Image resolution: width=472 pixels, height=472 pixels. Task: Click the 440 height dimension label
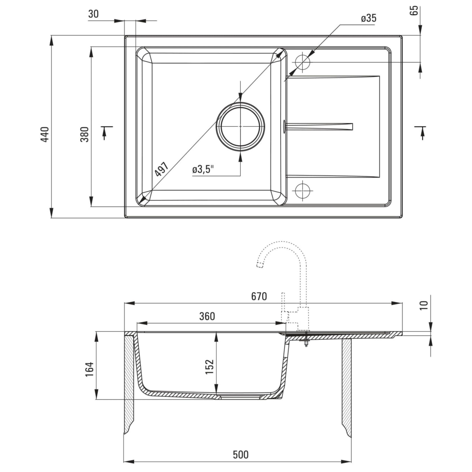click(x=45, y=134)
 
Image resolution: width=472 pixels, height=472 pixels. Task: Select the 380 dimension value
click(x=84, y=134)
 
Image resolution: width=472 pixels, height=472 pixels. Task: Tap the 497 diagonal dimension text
click(x=161, y=170)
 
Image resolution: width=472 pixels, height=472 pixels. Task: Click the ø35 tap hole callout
click(x=368, y=18)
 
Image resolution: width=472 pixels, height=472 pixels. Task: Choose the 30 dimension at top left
click(x=93, y=14)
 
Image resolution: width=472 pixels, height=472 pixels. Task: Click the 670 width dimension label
click(x=259, y=296)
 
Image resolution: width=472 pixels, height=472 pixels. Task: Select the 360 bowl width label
click(x=207, y=316)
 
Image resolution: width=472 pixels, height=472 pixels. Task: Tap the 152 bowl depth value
click(x=210, y=367)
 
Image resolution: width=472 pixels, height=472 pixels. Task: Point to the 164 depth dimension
click(x=90, y=370)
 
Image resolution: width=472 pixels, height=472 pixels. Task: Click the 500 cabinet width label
click(x=240, y=455)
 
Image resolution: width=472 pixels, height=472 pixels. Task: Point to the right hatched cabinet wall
click(x=346, y=387)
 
